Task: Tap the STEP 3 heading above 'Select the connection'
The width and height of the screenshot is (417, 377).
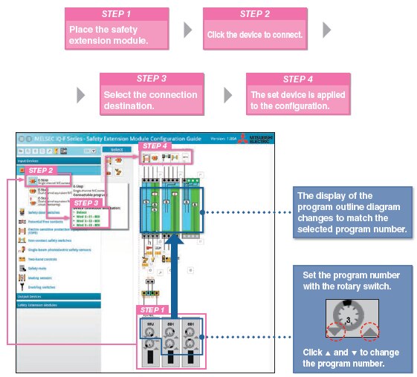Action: click(152, 78)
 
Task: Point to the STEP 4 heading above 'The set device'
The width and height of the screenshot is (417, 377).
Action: click(297, 79)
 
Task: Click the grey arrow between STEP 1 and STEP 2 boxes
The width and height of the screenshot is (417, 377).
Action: click(188, 30)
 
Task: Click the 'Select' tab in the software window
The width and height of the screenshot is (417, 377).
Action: click(116, 149)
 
